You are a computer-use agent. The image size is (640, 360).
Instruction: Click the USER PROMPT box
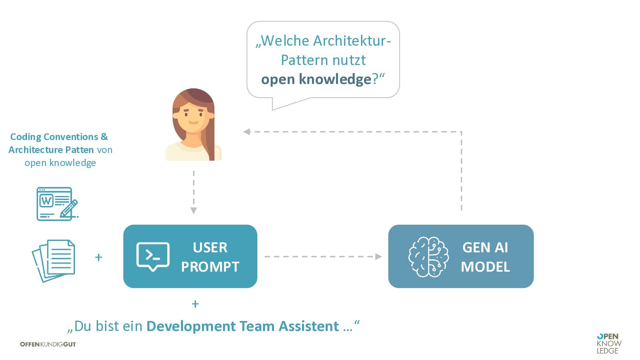click(190, 256)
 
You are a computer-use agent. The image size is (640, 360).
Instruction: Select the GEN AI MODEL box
click(461, 256)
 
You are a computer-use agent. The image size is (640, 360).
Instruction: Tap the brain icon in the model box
click(428, 257)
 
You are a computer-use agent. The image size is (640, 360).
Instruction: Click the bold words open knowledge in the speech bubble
click(316, 79)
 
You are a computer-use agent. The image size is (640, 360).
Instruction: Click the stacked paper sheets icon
click(54, 260)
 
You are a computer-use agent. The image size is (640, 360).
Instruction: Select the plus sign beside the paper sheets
click(98, 257)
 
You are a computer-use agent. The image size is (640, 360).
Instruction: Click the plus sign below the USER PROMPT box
click(195, 304)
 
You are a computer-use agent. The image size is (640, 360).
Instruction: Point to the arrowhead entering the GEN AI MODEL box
click(378, 257)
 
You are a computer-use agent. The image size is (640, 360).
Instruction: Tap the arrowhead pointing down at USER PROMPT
click(194, 210)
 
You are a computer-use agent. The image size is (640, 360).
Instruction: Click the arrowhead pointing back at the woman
click(247, 132)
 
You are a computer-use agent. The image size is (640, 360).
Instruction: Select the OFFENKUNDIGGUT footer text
click(48, 344)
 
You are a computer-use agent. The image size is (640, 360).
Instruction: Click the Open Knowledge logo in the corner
click(609, 343)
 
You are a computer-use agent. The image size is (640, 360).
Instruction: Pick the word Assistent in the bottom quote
click(309, 326)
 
